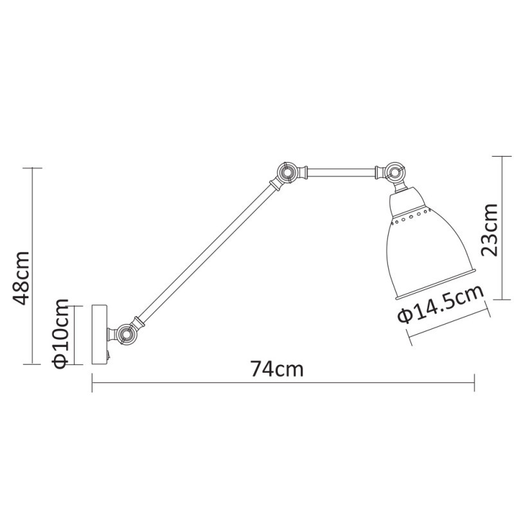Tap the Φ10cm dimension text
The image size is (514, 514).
pos(60,334)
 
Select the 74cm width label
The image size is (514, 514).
pos(277,369)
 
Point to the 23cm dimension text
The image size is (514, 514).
pos(490,229)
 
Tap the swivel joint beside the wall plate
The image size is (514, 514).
pos(124,334)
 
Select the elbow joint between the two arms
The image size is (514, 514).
pos(285,172)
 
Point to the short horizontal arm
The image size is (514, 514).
pos(341,172)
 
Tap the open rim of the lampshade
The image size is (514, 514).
pos(436,285)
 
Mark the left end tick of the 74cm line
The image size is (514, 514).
pos(93,384)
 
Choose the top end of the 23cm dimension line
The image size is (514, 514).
pos(502,155)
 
